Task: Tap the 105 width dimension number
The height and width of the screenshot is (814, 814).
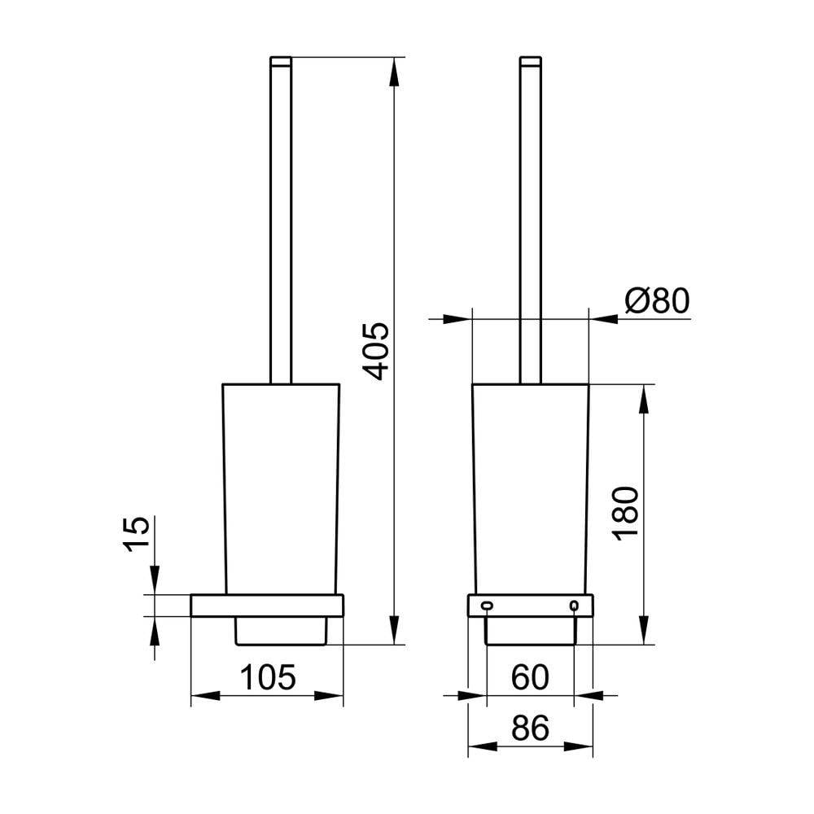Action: (x=267, y=677)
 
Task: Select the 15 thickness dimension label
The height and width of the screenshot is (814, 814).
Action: (x=137, y=534)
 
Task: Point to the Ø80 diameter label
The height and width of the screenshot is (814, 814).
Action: (x=657, y=300)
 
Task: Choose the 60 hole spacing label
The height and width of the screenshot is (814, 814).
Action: (x=530, y=677)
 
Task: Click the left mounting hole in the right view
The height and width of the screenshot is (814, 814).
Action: (x=487, y=605)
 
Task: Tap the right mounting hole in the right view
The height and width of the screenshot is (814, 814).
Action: (x=574, y=605)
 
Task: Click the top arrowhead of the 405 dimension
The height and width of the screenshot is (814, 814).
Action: (x=394, y=72)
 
